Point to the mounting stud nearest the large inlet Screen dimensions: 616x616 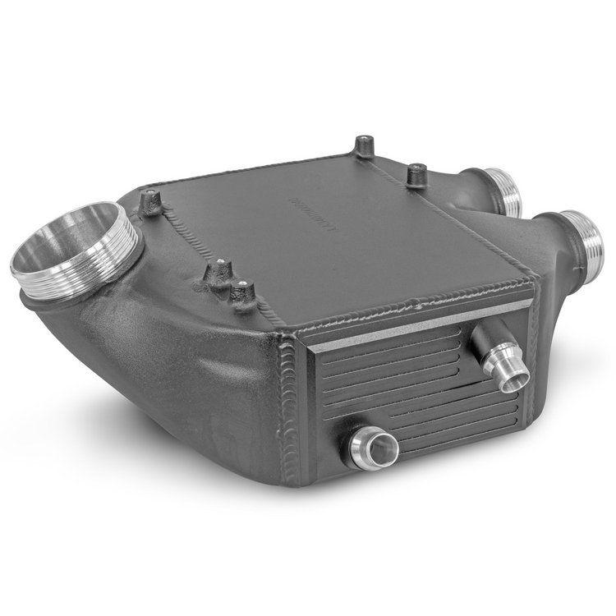point(151,202)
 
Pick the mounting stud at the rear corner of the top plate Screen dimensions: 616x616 point(363,148)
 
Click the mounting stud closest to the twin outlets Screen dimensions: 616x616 point(417,175)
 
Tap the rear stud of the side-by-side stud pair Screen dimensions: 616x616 point(220,271)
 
